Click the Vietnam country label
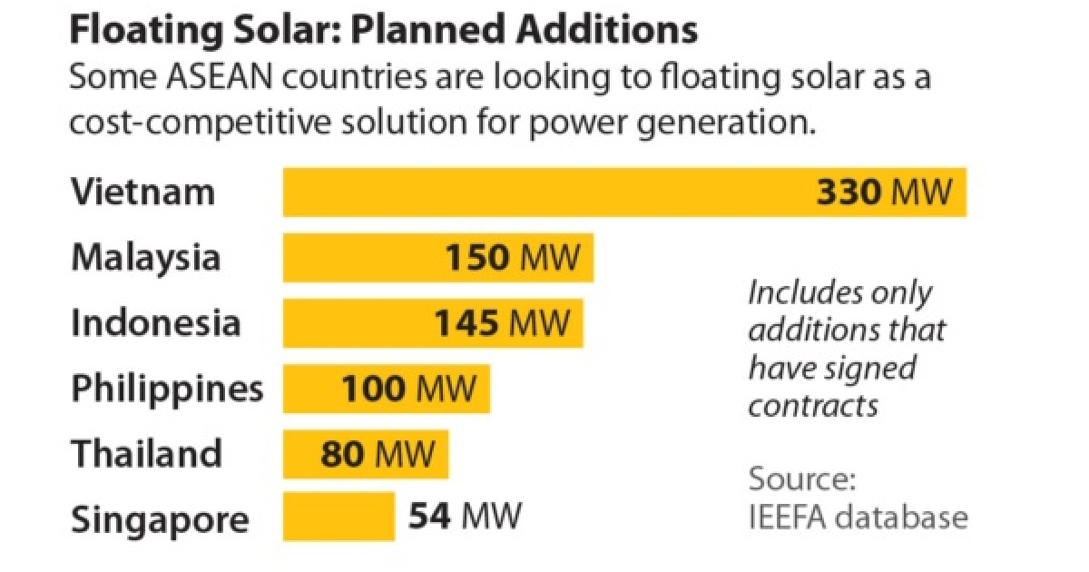[x=143, y=192]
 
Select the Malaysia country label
[x=146, y=258]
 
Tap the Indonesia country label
[x=156, y=323]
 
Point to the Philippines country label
[x=168, y=389]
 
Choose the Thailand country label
[x=147, y=453]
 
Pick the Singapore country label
[x=160, y=520]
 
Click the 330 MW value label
[x=885, y=192]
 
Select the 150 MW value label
[x=511, y=258]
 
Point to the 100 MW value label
[x=408, y=389]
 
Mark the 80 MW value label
[x=371, y=453]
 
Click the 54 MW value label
[x=465, y=517]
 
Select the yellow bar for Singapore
[x=338, y=517]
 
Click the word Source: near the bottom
[x=802, y=479]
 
